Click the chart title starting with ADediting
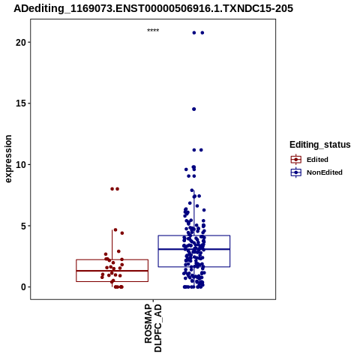(153, 8)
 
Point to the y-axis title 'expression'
(8, 159)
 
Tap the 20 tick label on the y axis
(21, 43)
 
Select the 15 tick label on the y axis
(21, 103)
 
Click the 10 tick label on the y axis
(21, 165)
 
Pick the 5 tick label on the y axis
(23, 226)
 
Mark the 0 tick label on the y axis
(23, 287)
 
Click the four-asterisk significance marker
(153, 31)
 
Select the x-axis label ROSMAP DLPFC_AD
(153, 328)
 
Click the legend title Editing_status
(320, 145)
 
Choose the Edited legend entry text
(317, 160)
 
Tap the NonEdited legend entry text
(325, 172)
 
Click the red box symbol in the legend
(296, 160)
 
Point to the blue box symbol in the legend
(296, 172)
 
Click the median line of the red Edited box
(112, 271)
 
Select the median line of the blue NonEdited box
(194, 249)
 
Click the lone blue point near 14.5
(194, 109)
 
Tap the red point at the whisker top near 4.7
(115, 229)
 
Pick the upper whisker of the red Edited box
(112, 244)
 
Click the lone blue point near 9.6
(186, 169)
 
